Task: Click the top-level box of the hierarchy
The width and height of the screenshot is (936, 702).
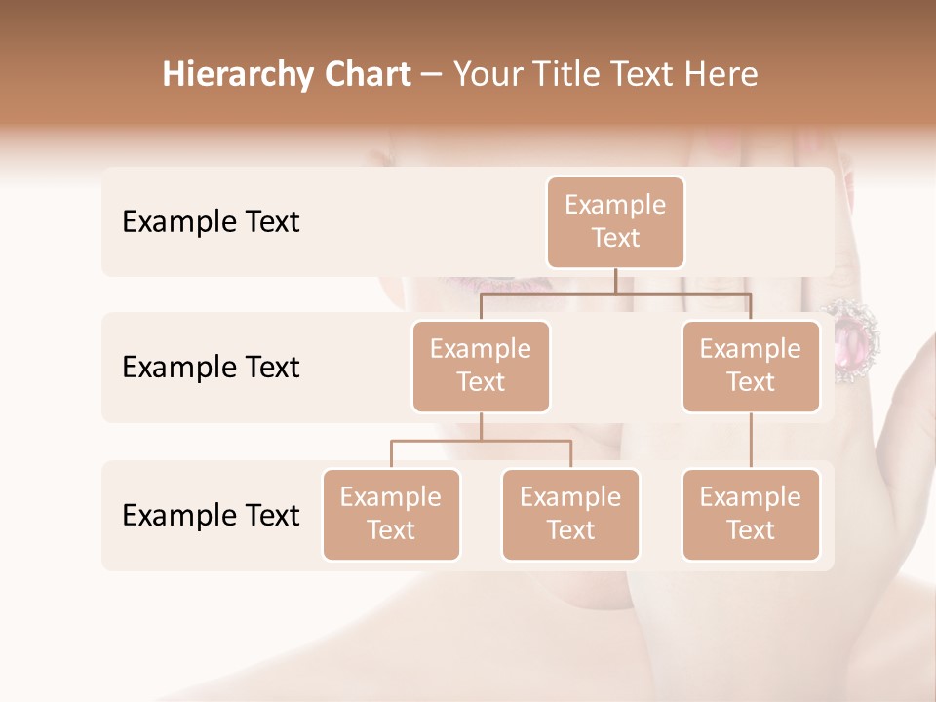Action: click(615, 221)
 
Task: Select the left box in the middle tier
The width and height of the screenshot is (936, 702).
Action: click(481, 366)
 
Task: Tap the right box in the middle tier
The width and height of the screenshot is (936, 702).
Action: click(751, 366)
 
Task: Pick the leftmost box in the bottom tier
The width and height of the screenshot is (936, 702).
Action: click(391, 514)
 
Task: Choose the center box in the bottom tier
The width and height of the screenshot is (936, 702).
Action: click(570, 514)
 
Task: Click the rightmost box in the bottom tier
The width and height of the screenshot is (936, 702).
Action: click(751, 514)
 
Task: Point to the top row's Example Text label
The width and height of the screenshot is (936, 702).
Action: click(211, 221)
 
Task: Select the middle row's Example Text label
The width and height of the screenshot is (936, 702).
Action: click(211, 367)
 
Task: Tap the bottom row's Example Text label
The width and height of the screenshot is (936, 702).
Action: click(211, 515)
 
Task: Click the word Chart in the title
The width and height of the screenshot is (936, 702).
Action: click(369, 74)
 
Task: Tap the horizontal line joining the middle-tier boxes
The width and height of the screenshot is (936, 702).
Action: click(615, 293)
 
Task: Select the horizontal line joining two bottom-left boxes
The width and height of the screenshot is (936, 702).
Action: click(481, 441)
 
